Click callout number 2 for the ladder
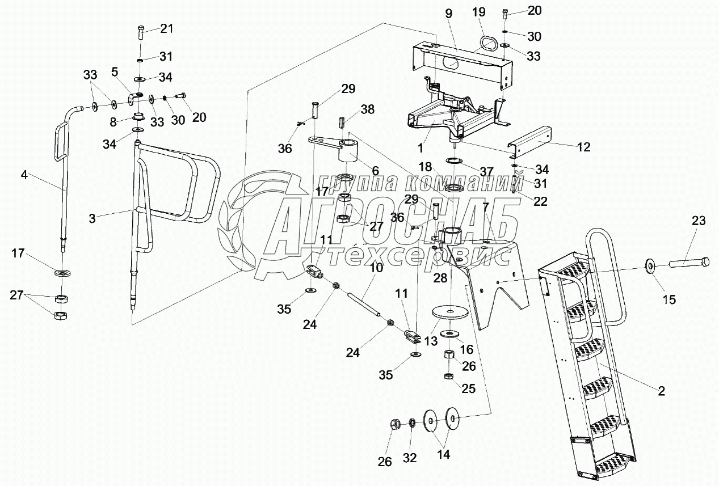point(661,391)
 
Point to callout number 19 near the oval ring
point(479,12)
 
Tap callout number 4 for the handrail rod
point(24,175)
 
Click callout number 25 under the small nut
point(468,389)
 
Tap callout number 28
point(440,278)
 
